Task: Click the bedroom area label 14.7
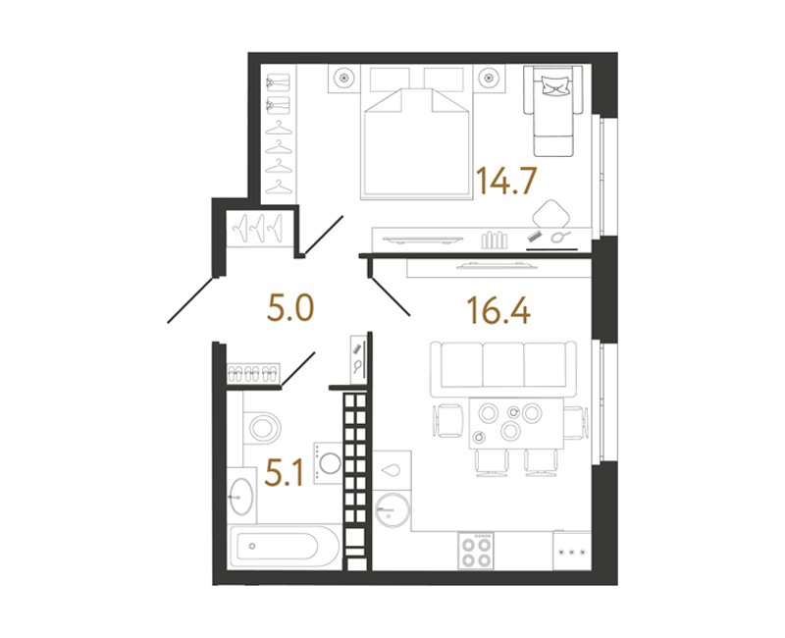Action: tap(506, 181)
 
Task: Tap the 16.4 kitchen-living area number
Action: tap(498, 310)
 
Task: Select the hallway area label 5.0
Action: tap(290, 307)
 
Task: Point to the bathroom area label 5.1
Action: tap(284, 473)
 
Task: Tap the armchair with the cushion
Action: tap(553, 110)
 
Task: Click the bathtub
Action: tap(284, 546)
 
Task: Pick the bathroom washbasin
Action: tap(241, 496)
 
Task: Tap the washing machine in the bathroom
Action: tap(328, 462)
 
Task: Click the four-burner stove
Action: tap(476, 551)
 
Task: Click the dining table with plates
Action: tap(516, 423)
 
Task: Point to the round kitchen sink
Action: tap(392, 509)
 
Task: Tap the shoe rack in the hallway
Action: tap(253, 373)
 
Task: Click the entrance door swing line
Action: tap(190, 299)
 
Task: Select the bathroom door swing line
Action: tap(298, 369)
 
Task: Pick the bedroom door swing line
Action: tap(324, 235)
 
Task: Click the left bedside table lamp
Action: tap(344, 78)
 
